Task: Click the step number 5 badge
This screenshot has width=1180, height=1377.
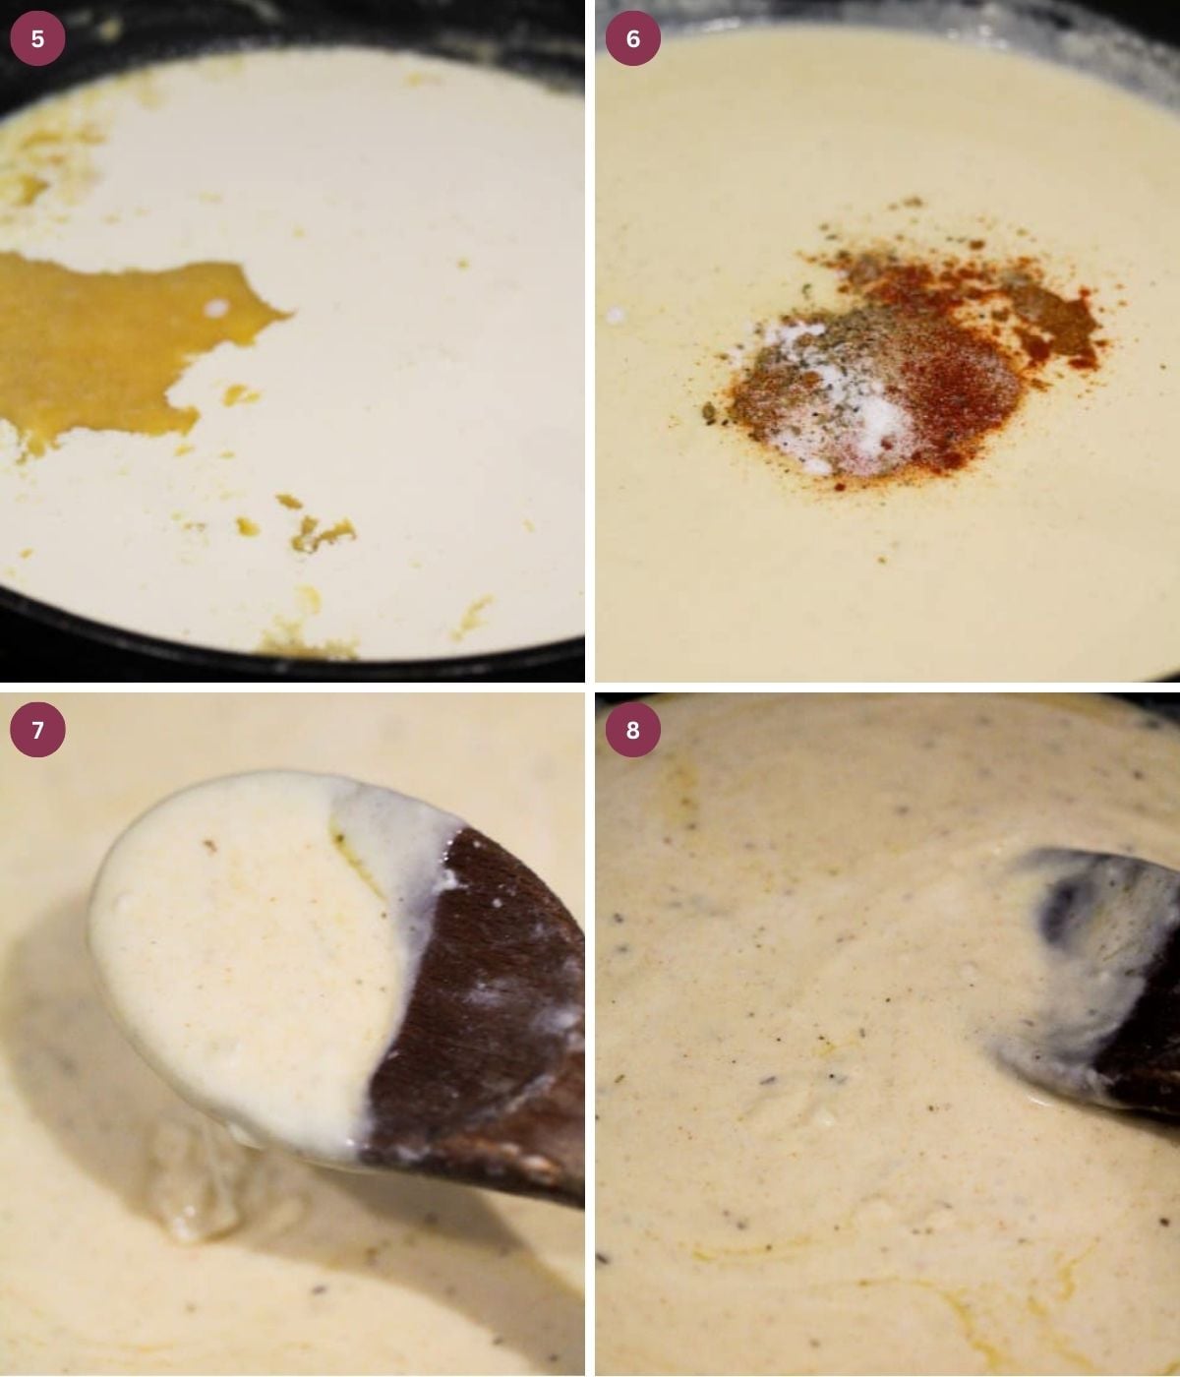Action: pos(37,38)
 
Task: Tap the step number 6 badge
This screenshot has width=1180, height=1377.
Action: pos(632,38)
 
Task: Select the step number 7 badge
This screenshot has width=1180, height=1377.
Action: pos(37,730)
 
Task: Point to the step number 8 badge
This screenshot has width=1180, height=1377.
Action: pos(632,730)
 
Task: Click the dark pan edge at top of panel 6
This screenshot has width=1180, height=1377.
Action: pos(885,12)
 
